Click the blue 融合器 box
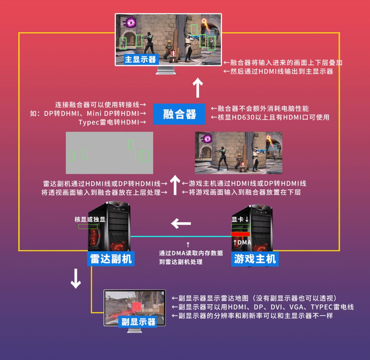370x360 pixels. point(179,114)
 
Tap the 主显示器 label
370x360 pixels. point(140,59)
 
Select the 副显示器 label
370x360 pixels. point(138,321)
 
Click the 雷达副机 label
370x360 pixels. point(111,259)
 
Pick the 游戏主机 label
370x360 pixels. point(255,259)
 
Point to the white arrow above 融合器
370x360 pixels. point(197,88)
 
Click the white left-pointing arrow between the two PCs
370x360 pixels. point(181,224)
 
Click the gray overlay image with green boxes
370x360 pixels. point(109,153)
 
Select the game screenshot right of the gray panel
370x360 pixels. point(238,153)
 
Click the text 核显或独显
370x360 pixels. point(90,219)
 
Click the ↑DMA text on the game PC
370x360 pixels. point(242,242)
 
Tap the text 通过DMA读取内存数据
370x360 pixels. point(191,253)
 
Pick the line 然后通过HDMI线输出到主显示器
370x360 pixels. point(278,71)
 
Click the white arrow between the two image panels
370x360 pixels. point(175,185)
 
